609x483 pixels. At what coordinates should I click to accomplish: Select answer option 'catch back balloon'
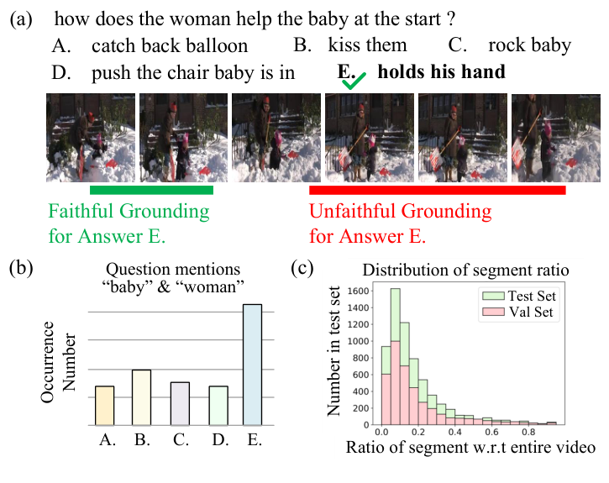[170, 45]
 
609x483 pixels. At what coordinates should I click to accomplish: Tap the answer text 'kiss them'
[367, 45]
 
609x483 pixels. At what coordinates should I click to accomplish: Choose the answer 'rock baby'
[529, 45]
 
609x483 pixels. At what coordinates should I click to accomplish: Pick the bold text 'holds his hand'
[441, 72]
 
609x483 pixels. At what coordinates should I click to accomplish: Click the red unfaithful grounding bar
[437, 191]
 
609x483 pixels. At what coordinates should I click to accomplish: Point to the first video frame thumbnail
[90, 137]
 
